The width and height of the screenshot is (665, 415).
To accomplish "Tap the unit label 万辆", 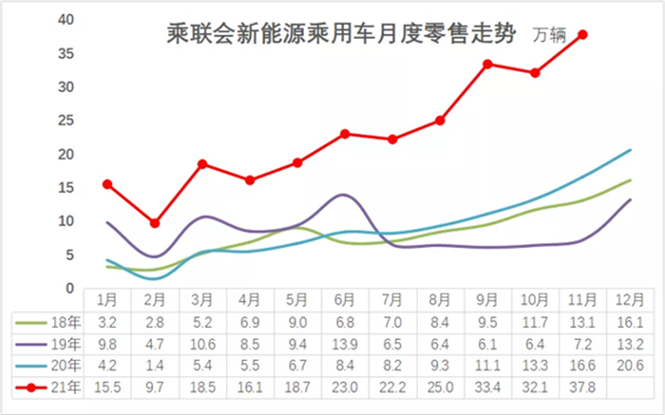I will [x=548, y=37].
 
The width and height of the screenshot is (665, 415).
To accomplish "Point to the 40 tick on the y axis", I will [x=66, y=20].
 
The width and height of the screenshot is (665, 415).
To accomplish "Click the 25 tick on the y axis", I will [x=66, y=121].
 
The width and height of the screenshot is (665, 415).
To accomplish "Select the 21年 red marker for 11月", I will [x=582, y=35].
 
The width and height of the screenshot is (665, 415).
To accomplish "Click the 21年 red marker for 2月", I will [x=155, y=223].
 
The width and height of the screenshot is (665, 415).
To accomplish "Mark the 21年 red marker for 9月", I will [x=487, y=65].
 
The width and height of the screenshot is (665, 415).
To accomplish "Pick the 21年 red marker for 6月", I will [x=345, y=134].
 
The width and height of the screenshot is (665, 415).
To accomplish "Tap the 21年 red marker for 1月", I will [x=107, y=184].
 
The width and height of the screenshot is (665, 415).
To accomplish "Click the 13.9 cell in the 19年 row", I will [x=345, y=345].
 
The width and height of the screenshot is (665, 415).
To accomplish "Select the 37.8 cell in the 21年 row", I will [x=582, y=387].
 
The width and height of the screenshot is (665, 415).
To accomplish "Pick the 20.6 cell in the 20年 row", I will [x=630, y=366].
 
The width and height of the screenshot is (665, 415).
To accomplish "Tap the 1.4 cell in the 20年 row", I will [x=155, y=366].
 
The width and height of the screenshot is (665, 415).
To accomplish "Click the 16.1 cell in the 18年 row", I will [x=630, y=324].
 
